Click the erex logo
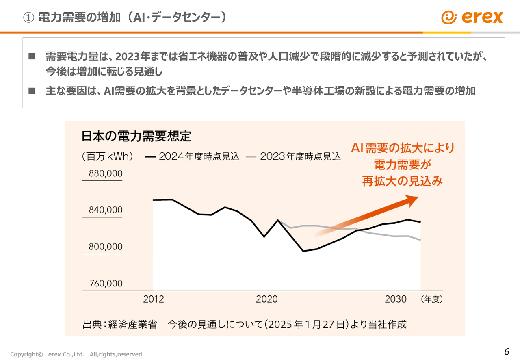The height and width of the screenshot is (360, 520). click(x=472, y=17)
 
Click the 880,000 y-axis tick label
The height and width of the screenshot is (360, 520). click(x=106, y=173)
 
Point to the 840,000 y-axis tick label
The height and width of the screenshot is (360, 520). click(x=106, y=210)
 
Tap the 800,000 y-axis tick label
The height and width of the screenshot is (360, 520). click(x=106, y=247)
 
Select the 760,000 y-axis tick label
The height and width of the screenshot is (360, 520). click(x=106, y=283)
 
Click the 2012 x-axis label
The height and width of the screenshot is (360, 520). click(x=154, y=299)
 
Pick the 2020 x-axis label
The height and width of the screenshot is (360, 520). click(x=266, y=299)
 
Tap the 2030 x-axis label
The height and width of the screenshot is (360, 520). click(x=395, y=299)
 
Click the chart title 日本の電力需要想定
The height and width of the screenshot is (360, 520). click(x=136, y=136)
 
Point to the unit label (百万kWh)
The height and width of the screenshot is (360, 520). click(x=108, y=156)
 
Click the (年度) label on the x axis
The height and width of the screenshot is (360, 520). click(x=432, y=299)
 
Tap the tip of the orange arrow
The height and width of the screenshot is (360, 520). click(x=418, y=197)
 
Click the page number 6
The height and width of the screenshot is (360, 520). click(x=506, y=352)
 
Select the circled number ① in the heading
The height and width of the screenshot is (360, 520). click(x=28, y=17)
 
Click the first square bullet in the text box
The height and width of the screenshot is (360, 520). click(x=32, y=56)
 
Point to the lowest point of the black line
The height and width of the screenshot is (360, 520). click(x=303, y=251)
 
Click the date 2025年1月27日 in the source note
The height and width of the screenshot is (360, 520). click(x=306, y=325)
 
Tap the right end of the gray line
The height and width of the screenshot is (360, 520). click(x=420, y=240)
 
